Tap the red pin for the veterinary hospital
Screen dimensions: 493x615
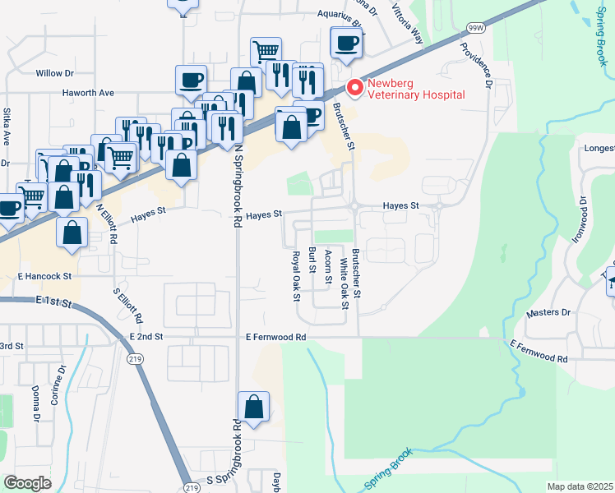[355, 85]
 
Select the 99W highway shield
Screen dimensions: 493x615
[475, 27]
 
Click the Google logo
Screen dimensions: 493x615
[27, 483]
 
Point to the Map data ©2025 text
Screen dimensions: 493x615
[579, 486]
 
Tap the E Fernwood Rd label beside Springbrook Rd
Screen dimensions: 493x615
[276, 337]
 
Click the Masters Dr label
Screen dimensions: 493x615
[548, 312]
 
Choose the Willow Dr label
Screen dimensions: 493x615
[55, 73]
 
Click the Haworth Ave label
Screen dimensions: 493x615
[89, 93]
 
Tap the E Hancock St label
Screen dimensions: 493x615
[44, 276]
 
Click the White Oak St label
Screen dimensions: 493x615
[344, 279]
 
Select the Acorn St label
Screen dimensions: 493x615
[328, 266]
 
